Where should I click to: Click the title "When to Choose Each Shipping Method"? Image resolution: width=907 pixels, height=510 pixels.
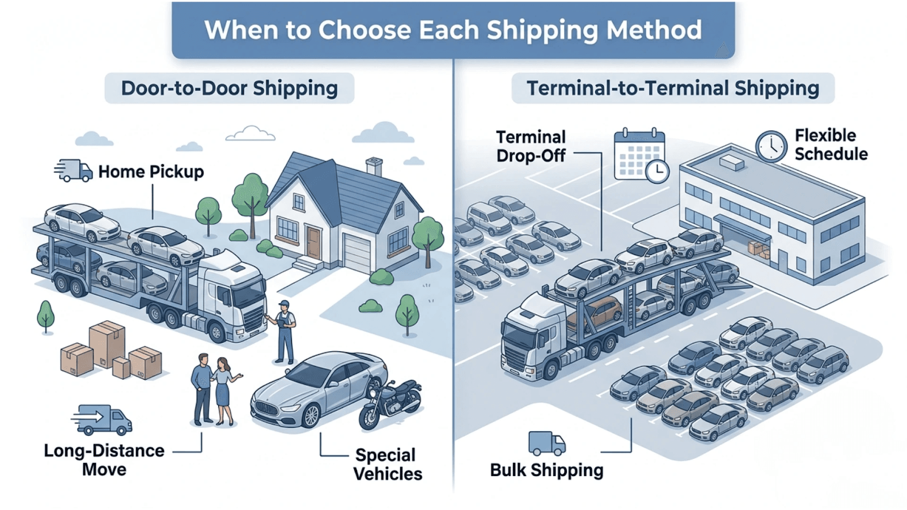453,30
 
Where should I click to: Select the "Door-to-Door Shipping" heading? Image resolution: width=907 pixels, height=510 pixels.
229,88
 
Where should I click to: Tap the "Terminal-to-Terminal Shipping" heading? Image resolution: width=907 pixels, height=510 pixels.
673,88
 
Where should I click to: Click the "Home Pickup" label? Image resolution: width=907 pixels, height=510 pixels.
151,172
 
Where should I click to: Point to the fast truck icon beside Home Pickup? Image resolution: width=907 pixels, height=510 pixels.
74,171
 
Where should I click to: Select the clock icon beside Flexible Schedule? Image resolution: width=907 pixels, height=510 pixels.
771,146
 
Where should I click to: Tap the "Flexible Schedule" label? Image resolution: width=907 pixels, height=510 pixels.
830,144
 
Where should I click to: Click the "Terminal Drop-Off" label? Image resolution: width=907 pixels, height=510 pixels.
531,146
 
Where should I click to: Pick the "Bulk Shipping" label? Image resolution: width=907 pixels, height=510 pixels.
546,470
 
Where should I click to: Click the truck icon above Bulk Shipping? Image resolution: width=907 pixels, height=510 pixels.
546,444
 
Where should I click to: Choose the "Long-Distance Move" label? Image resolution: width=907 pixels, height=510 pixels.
104,460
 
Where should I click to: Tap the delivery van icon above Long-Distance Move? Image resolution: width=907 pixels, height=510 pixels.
103,419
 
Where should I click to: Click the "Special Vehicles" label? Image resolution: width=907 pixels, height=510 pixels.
388,464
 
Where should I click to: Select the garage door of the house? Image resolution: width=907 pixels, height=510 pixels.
357,253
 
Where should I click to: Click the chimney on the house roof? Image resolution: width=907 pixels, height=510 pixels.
374,166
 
